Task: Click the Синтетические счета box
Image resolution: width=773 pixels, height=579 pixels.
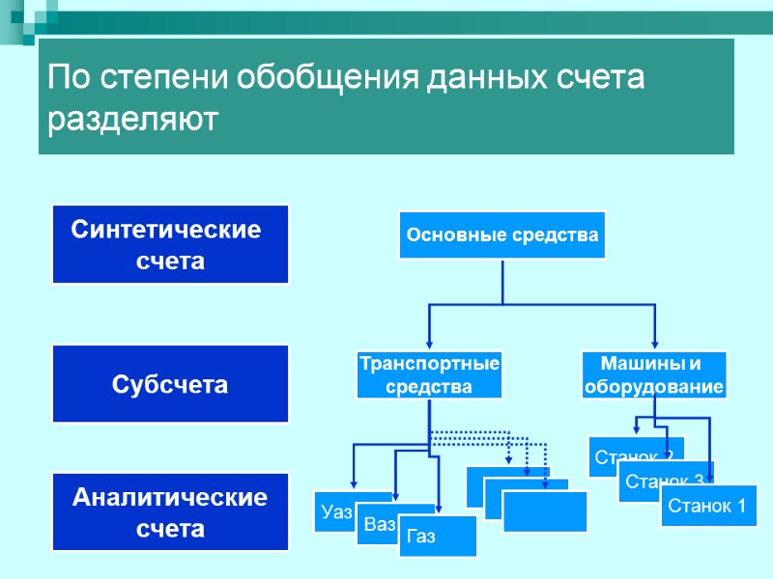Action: click(x=170, y=244)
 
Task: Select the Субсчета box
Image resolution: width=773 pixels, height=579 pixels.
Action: click(x=170, y=384)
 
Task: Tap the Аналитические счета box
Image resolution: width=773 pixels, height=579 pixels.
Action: click(x=170, y=512)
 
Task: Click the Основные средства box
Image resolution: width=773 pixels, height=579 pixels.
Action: click(x=502, y=234)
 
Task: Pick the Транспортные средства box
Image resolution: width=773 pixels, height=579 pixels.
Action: click(x=429, y=375)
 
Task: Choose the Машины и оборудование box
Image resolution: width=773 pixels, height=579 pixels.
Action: click(x=654, y=375)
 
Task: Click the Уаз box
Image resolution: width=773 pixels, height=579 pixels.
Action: click(x=333, y=512)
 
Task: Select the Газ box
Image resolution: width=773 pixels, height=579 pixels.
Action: click(x=438, y=537)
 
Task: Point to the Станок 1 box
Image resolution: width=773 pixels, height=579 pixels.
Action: click(x=707, y=506)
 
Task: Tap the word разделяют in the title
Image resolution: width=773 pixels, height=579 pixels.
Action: click(x=134, y=122)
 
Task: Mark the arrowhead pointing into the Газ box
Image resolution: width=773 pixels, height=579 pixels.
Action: click(x=439, y=510)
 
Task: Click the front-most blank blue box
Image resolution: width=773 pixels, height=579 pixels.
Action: click(x=545, y=511)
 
